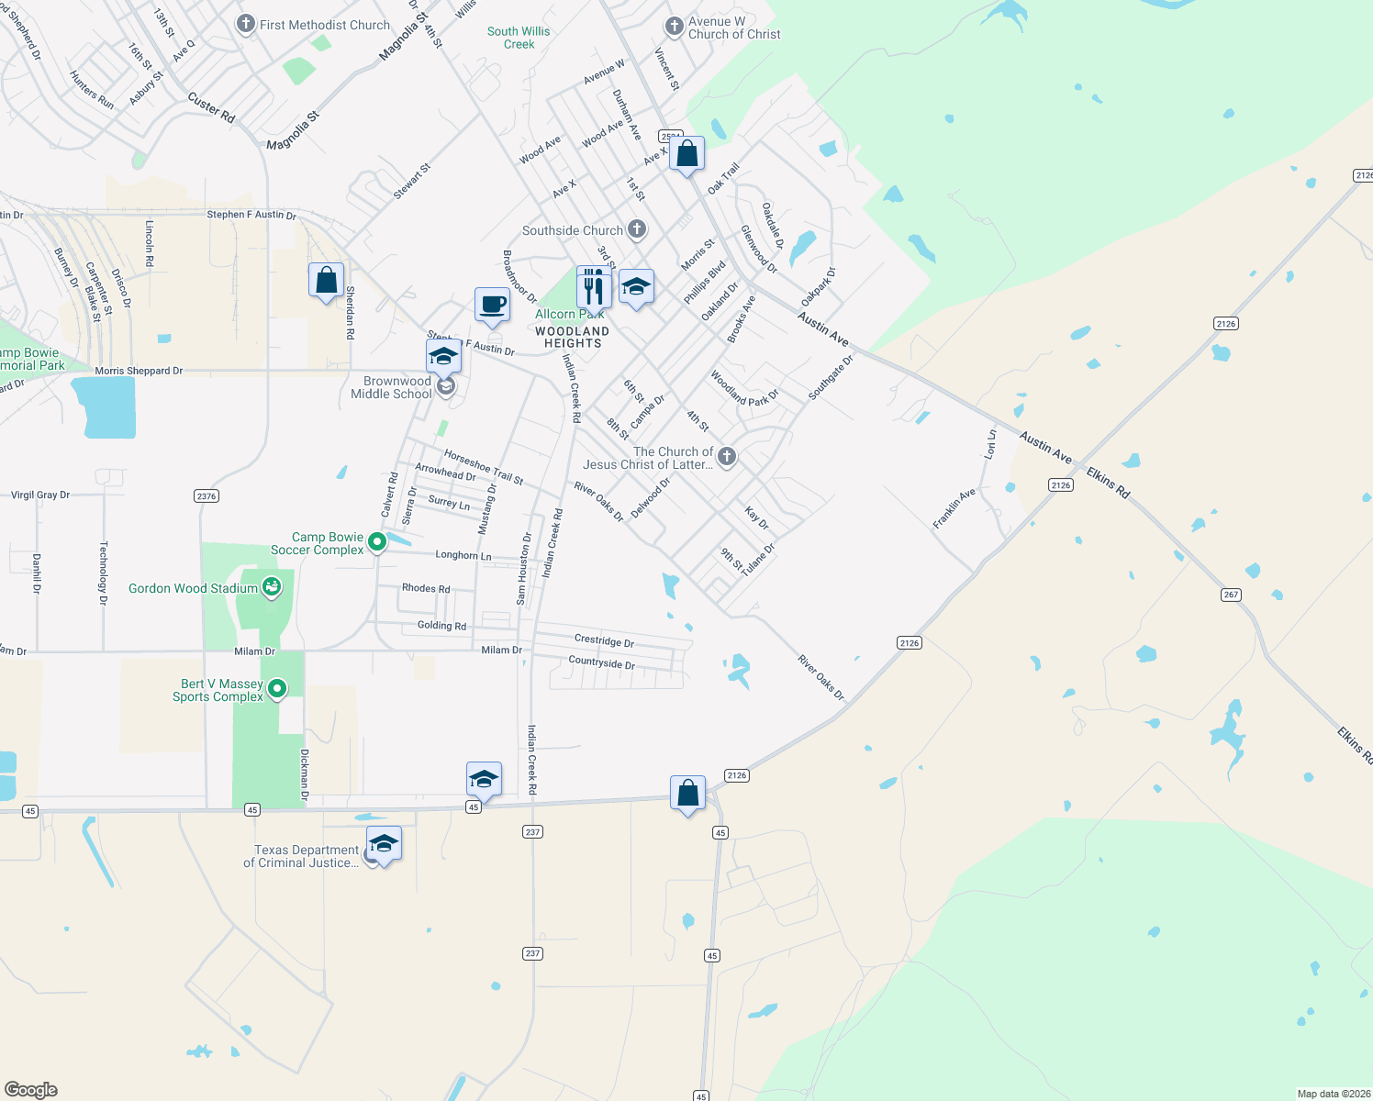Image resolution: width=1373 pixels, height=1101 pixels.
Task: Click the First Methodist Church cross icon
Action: [x=245, y=24]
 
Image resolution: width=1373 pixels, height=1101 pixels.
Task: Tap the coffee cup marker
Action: [x=492, y=305]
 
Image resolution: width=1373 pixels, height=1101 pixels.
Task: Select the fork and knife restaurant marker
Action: [x=594, y=287]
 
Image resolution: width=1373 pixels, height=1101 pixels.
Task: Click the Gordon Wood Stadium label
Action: [x=193, y=588]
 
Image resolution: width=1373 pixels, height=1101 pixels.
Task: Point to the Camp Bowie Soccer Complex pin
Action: [x=376, y=543]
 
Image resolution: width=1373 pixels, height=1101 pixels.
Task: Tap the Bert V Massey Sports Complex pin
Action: [x=278, y=688]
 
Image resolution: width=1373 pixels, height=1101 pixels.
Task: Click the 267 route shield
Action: [x=1231, y=595]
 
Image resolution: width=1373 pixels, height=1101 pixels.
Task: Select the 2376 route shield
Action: [x=207, y=496]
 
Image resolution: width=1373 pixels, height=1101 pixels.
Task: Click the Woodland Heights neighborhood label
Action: [x=572, y=337]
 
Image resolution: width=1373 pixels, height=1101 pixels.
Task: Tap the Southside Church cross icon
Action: [x=636, y=229]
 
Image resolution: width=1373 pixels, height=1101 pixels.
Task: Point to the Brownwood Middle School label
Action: [x=391, y=387]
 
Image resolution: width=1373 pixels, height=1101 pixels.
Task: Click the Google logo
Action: [x=31, y=1089]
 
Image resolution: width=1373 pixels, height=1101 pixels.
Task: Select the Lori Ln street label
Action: [x=990, y=444]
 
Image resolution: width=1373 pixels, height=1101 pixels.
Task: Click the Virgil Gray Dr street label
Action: [x=40, y=495]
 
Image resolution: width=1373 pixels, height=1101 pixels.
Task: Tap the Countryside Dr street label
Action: [x=601, y=662]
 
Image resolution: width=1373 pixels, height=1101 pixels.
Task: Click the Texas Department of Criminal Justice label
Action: [x=300, y=856]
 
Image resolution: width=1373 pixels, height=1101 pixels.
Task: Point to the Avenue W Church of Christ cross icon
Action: [x=674, y=26]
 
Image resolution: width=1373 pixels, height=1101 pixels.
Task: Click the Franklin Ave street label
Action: [x=954, y=509]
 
